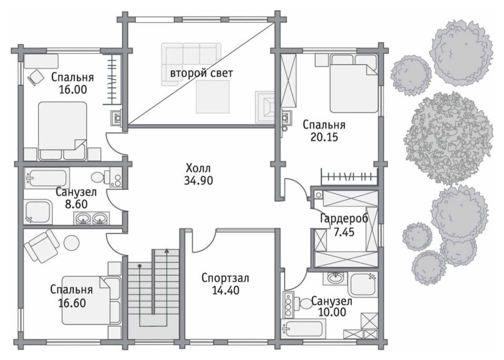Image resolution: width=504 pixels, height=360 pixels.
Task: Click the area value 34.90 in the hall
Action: [x=199, y=181]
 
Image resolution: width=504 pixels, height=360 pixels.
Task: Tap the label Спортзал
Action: [x=225, y=278]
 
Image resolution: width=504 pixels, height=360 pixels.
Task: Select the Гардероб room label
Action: [x=344, y=218]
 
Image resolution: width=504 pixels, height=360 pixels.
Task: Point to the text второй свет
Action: [x=202, y=73]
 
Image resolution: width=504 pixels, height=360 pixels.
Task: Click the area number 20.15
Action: [x=324, y=137]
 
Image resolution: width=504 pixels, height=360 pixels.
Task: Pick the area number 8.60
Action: [x=76, y=204]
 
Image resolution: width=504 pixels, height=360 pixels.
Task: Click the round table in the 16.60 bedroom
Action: [x=72, y=243]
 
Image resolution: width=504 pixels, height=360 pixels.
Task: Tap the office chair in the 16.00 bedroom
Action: [x=35, y=77]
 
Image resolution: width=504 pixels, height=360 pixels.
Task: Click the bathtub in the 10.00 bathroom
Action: [x=302, y=328]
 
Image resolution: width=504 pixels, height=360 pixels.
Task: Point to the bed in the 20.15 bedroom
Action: [x=353, y=84]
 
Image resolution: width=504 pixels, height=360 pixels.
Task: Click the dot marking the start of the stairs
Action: [x=140, y=266]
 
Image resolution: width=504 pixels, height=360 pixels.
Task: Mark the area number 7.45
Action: [x=344, y=232]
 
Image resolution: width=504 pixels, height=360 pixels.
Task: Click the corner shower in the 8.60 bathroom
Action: [x=38, y=212]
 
